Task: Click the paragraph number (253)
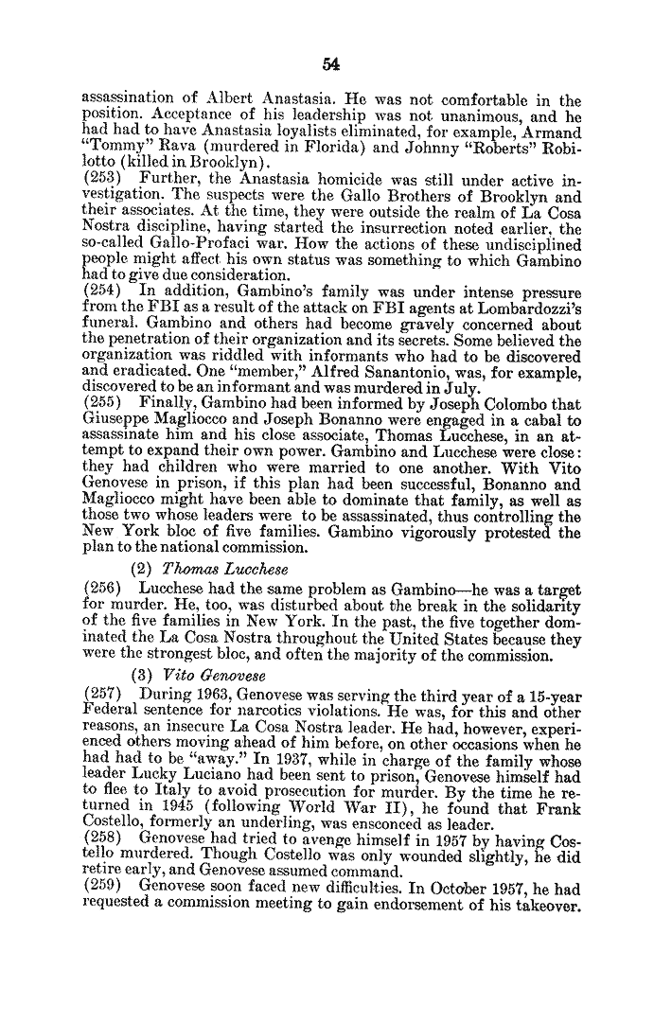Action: point(103,177)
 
